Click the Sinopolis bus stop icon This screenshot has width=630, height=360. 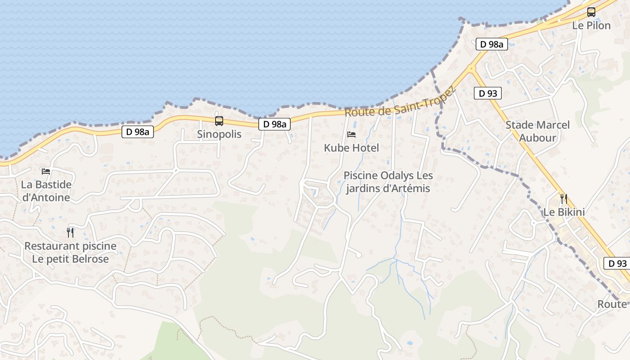point(219,121)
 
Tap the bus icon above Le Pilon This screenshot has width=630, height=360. point(591,12)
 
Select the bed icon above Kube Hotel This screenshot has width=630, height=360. point(351,135)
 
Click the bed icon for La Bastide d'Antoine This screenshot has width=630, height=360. point(46,171)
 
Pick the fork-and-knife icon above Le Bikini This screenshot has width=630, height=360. point(563,198)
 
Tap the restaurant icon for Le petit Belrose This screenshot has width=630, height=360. point(70,233)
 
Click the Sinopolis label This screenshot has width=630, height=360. point(219,134)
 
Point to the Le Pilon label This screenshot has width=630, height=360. point(591,26)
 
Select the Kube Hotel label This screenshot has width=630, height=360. point(351,148)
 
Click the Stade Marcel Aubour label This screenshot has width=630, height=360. point(537,131)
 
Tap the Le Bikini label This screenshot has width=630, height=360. point(564,212)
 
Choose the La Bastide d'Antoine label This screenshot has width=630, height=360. point(46,191)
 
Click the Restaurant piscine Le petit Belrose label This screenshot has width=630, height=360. point(70,252)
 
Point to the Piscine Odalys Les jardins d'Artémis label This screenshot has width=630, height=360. point(388,182)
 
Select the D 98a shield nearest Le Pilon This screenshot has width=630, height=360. point(492,44)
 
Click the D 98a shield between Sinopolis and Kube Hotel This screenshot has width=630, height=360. point(274,124)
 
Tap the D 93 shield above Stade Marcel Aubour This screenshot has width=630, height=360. point(488,94)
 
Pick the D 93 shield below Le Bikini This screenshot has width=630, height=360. point(617,264)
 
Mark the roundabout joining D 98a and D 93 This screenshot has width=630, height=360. point(471,69)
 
